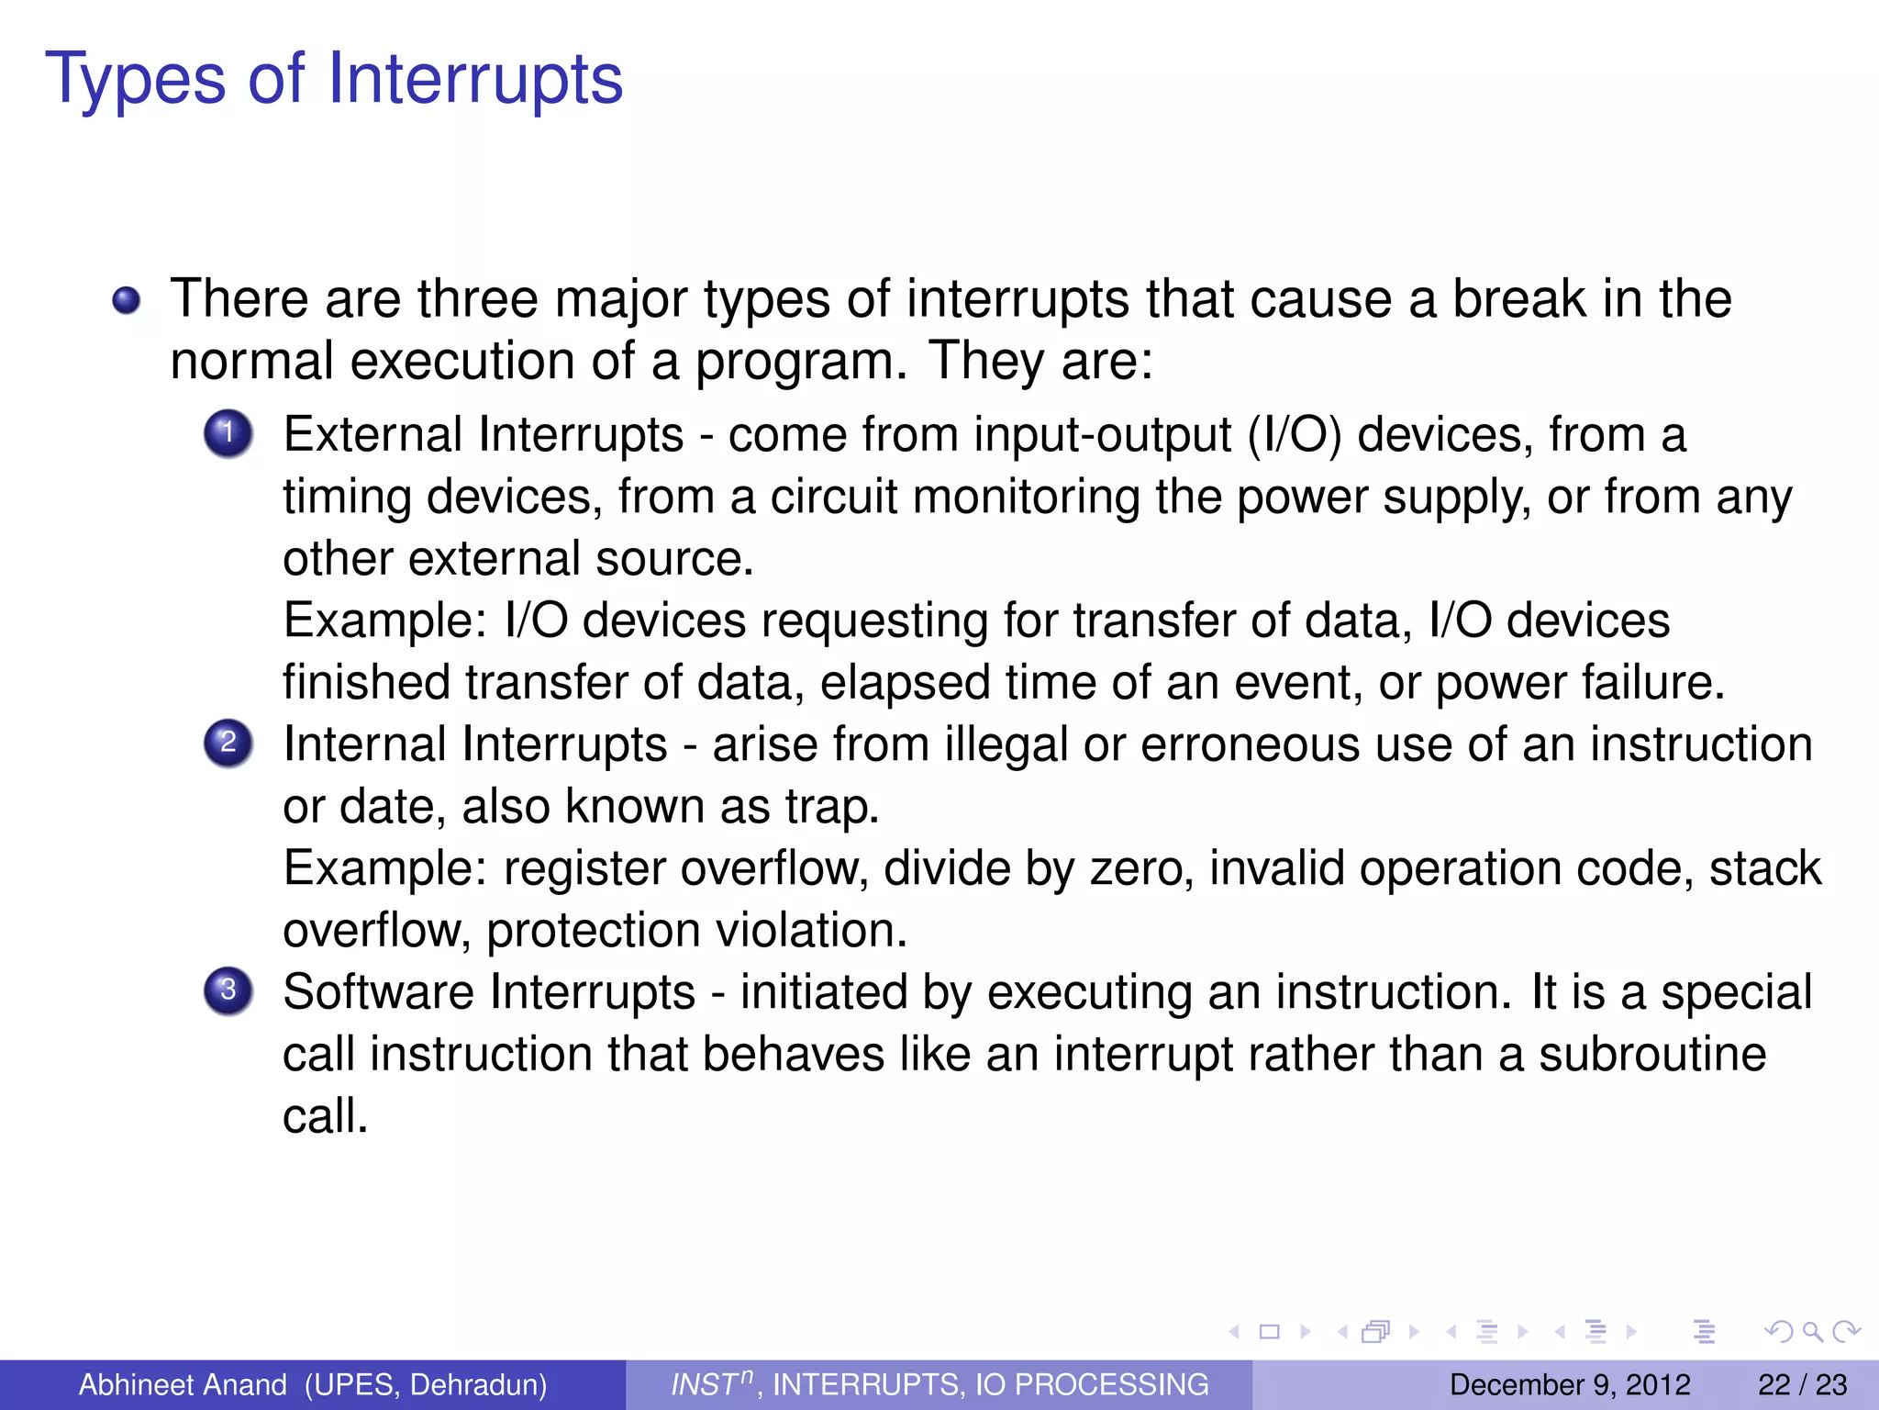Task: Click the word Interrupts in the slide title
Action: click(475, 79)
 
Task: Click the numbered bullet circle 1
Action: click(228, 433)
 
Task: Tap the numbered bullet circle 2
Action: click(228, 743)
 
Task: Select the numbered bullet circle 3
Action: click(228, 990)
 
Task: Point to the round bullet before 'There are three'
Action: click(127, 300)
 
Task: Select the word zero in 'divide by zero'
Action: click(1141, 868)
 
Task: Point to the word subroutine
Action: click(1651, 1054)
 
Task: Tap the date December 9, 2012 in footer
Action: click(1569, 1384)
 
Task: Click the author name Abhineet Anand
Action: click(183, 1384)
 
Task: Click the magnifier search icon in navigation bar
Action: click(1812, 1331)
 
